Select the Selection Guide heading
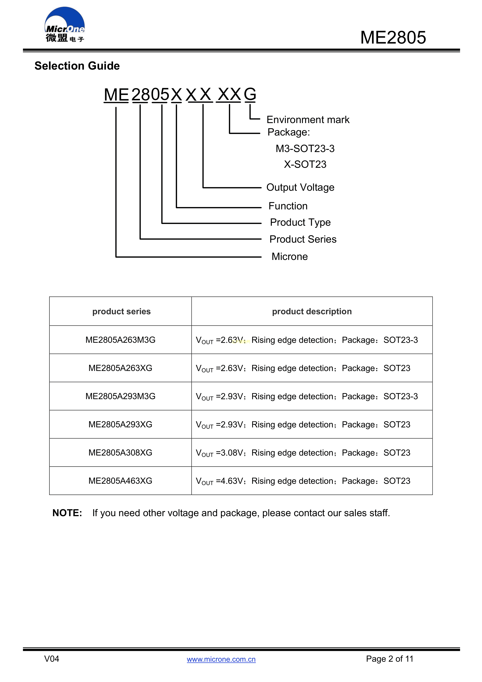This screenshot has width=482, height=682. (x=77, y=66)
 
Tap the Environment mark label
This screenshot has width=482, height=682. (x=308, y=120)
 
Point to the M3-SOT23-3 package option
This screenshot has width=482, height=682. (x=305, y=149)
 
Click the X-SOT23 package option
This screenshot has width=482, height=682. (x=305, y=164)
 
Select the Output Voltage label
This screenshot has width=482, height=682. (x=300, y=187)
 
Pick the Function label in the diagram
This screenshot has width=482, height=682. (x=288, y=206)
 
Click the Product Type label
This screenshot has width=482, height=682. (x=300, y=222)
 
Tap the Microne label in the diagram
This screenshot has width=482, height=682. (x=289, y=257)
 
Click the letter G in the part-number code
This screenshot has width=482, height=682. (x=250, y=94)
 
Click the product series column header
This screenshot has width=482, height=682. (x=121, y=311)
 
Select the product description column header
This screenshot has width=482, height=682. (x=312, y=311)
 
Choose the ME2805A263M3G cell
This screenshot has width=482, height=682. (x=120, y=340)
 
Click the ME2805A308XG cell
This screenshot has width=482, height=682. (x=120, y=453)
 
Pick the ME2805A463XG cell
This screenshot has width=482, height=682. (x=120, y=481)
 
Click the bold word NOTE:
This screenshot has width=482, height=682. (x=67, y=513)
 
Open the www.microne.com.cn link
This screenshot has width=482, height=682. (x=221, y=659)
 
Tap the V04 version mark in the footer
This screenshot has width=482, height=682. (x=52, y=659)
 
